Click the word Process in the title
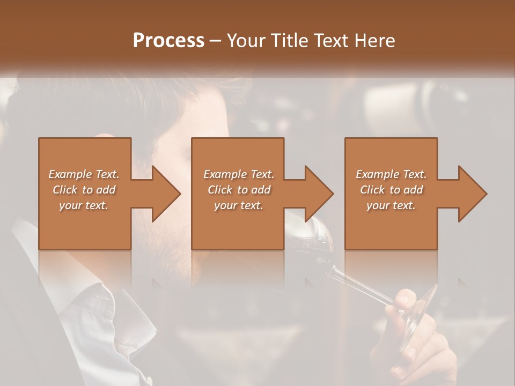(168, 40)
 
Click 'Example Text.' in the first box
(84, 174)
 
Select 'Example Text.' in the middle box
(238, 174)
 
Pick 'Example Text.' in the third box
(391, 174)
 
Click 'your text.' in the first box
(84, 205)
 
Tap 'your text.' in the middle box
(238, 205)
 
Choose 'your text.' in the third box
(391, 205)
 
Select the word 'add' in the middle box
(261, 190)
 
